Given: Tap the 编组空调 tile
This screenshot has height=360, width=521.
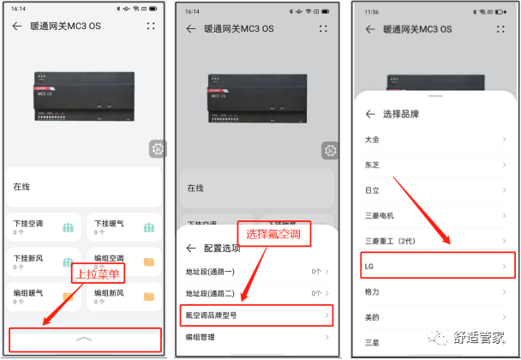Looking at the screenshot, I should click(123, 261).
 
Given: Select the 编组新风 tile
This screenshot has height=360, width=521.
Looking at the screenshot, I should click(123, 297).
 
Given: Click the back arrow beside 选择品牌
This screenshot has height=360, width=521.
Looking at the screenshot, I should click(370, 113).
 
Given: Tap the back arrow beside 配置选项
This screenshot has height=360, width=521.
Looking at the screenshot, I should click(192, 249).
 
